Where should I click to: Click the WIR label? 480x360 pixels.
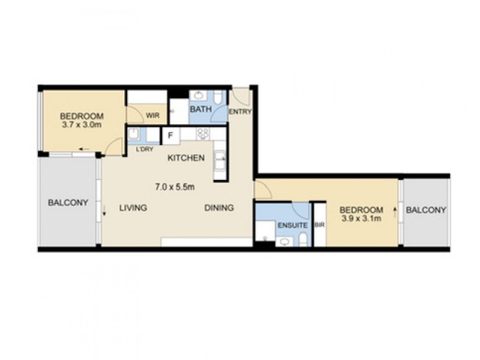(x=152, y=116)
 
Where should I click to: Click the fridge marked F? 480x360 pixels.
(x=170, y=135)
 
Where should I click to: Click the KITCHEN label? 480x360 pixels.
(x=186, y=158)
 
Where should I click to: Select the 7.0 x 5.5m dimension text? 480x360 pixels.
(x=175, y=187)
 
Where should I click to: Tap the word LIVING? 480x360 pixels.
(x=133, y=208)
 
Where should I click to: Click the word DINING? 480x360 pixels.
(x=219, y=208)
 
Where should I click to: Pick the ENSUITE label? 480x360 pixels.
(x=292, y=226)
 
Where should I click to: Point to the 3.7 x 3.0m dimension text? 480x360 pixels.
(x=82, y=125)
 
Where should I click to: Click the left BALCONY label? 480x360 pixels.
(x=68, y=203)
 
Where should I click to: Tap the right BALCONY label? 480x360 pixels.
(x=426, y=210)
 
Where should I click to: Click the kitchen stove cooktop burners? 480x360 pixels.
(x=202, y=134)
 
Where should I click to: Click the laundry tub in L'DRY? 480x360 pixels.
(x=135, y=134)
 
